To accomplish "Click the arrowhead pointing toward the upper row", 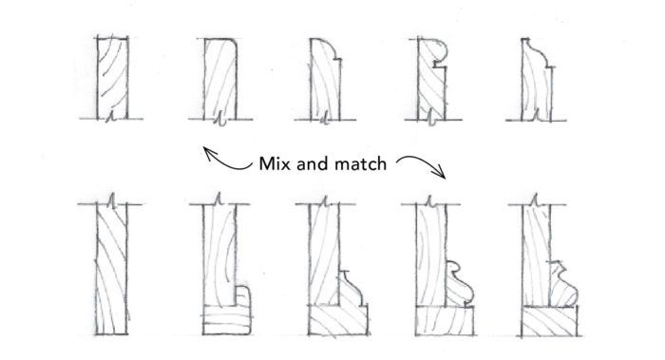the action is [x=210, y=153].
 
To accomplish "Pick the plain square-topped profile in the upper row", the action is [x=112, y=78].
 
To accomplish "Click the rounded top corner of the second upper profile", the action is [x=232, y=44].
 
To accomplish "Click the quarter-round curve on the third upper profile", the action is [x=330, y=48].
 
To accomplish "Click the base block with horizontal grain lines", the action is [x=227, y=320].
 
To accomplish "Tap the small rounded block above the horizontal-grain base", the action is [x=241, y=295].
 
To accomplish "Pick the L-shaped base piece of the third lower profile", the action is [x=338, y=319].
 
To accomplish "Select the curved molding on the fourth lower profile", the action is [x=459, y=283].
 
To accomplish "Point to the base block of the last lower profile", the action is [x=550, y=321].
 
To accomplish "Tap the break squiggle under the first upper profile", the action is [x=110, y=117].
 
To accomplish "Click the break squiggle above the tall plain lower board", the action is [x=111, y=200].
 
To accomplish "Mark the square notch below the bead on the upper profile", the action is [x=439, y=66].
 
